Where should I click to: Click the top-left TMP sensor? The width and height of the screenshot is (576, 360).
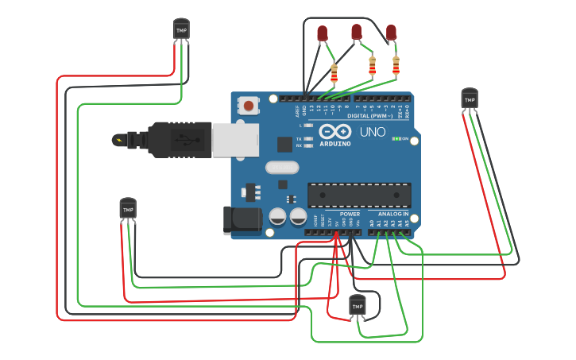pos(182,29)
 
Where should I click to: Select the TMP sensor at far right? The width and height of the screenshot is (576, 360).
pos(470,99)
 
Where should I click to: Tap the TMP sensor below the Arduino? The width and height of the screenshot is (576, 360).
pos(358,304)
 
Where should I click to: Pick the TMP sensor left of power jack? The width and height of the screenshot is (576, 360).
pos(128,208)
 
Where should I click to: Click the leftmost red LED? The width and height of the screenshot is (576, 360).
pos(322,33)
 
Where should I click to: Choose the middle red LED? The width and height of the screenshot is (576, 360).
pos(356,32)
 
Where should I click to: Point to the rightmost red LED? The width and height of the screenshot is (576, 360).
pos(391,33)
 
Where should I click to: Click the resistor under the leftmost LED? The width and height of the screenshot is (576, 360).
pos(334,74)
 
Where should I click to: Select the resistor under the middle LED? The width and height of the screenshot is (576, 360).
pos(372,66)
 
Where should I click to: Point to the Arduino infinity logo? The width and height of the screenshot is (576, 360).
pos(334,131)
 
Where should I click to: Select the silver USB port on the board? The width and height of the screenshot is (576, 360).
pos(236,140)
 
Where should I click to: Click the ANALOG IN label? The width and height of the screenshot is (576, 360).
pos(393,214)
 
